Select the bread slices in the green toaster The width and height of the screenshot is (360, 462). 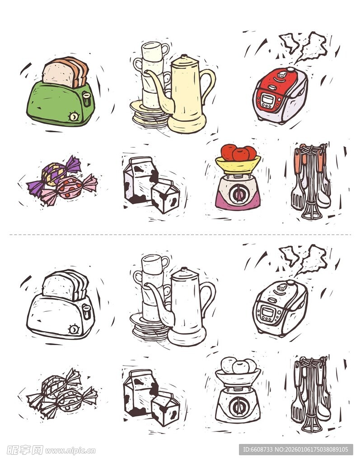coord(66,72)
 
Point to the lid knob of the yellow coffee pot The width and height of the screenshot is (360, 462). coord(184,57)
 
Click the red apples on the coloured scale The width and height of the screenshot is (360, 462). coord(238,152)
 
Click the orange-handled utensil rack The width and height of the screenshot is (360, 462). coord(310,183)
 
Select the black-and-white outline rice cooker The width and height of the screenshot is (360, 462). coord(280,309)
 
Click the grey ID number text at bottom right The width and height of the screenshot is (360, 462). coord(295,449)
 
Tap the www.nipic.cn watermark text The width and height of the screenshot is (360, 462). coord(70,450)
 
